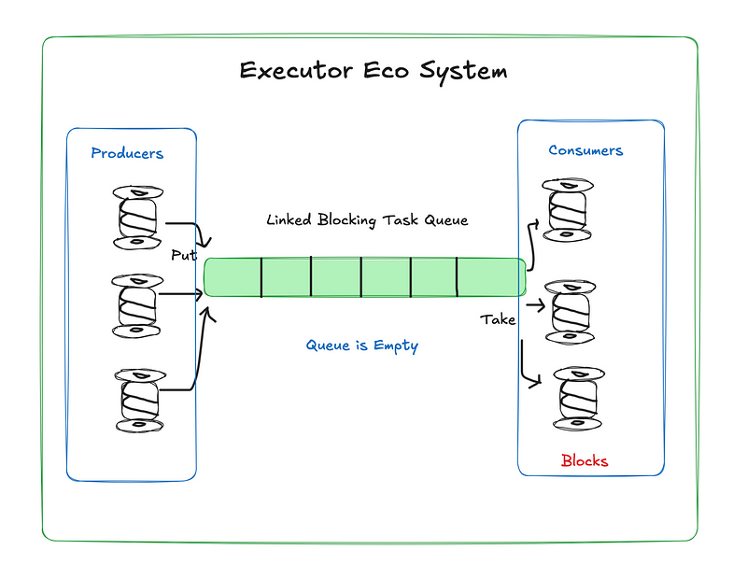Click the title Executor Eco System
coord(373,72)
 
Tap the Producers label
coord(127,153)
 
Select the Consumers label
coord(585,150)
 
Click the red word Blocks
coord(585,460)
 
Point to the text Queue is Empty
coord(362,345)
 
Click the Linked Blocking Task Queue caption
coord(367,220)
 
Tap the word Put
coord(183,255)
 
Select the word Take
coord(498,319)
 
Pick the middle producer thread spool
coord(136,305)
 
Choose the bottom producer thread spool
coord(140,400)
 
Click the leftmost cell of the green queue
coord(233,277)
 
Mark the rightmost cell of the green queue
coord(491,277)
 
